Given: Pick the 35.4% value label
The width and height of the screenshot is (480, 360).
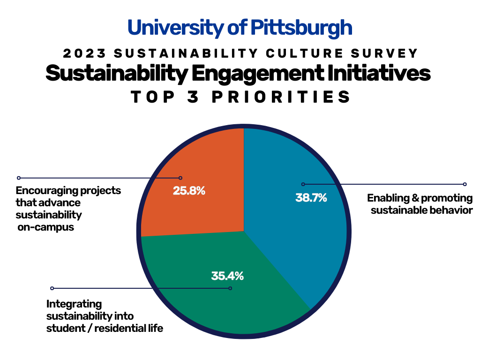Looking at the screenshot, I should click(x=227, y=276).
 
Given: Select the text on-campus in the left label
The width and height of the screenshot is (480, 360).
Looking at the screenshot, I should click(x=46, y=228).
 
